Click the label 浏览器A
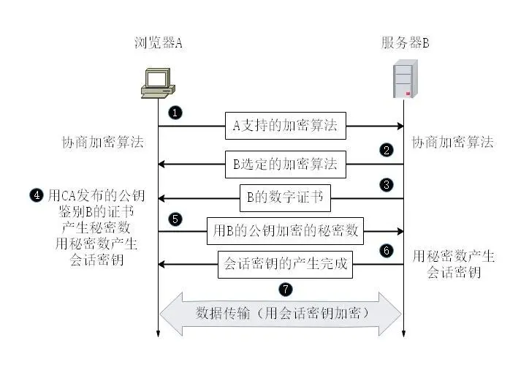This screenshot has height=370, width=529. click(158, 42)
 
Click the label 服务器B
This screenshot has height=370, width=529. click(405, 42)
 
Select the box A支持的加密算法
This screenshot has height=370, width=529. click(285, 126)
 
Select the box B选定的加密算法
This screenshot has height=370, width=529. click(285, 165)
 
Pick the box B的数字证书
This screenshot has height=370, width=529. click(285, 197)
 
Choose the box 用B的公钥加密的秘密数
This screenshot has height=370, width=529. click(286, 231)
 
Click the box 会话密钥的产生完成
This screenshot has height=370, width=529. click(285, 264)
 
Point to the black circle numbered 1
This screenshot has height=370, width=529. click(175, 113)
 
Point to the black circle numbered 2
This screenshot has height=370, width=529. click(387, 151)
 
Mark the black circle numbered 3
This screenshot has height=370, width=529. click(387, 185)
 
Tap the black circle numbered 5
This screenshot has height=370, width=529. click(175, 219)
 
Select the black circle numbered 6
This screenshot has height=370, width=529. click(387, 251)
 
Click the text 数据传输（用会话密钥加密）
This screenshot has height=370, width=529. click(281, 313)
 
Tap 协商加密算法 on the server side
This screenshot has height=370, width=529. click(452, 142)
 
